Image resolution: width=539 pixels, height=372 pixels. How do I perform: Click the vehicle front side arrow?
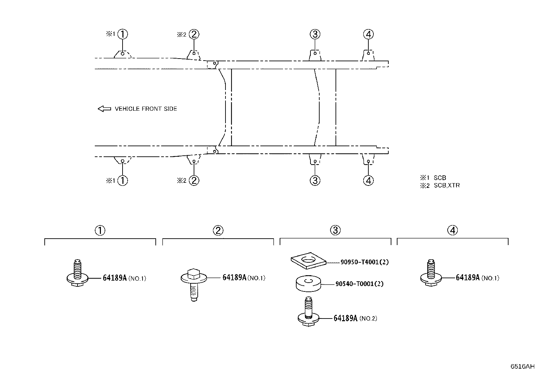(x=104, y=109)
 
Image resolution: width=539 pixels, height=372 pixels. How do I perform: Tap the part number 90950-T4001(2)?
(x=365, y=262)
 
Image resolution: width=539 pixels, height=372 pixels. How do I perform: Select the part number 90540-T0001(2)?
(x=360, y=284)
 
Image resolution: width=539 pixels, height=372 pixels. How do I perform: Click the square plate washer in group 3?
(x=308, y=261)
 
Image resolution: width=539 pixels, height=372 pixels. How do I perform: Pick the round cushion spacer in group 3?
(x=308, y=283)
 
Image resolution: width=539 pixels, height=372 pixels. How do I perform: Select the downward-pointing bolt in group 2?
(x=194, y=285)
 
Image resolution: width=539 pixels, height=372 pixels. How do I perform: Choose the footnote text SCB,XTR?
(x=447, y=185)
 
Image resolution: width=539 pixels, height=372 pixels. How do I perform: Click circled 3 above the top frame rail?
(x=315, y=34)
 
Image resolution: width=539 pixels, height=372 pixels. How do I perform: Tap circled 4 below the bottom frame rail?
(x=368, y=180)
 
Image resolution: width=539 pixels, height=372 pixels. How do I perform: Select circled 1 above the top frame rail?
(x=123, y=34)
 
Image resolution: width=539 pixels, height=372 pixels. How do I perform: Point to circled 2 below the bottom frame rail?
(x=194, y=180)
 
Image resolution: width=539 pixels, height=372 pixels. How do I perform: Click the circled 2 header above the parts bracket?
(x=218, y=231)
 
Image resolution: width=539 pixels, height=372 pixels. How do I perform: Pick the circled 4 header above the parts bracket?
(x=453, y=230)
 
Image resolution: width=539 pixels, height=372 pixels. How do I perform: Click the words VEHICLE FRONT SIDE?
(x=146, y=109)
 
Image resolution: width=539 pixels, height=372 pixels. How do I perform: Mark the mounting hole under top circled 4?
(x=368, y=53)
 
